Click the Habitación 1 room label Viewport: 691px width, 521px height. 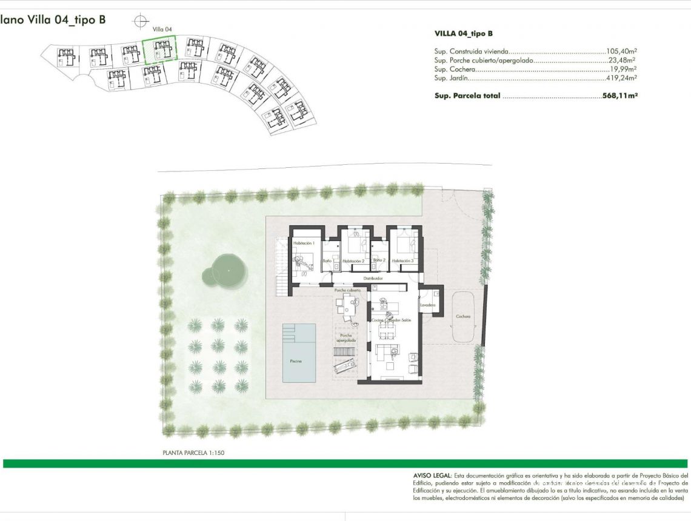[302, 243]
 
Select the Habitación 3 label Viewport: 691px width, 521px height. [402, 261]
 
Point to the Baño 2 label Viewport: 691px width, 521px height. [379, 260]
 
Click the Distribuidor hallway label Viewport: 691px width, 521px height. [372, 279]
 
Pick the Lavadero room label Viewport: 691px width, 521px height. [428, 305]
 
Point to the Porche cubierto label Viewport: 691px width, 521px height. [347, 291]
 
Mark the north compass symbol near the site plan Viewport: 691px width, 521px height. [141, 20]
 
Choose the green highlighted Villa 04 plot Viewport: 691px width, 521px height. [159, 49]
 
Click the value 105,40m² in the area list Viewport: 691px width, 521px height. [621, 52]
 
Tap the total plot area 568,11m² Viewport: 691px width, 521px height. [619, 96]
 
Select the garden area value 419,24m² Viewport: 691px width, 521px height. [621, 78]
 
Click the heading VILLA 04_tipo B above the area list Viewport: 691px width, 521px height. [464, 34]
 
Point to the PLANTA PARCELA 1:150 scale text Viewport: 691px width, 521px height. [193, 453]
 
